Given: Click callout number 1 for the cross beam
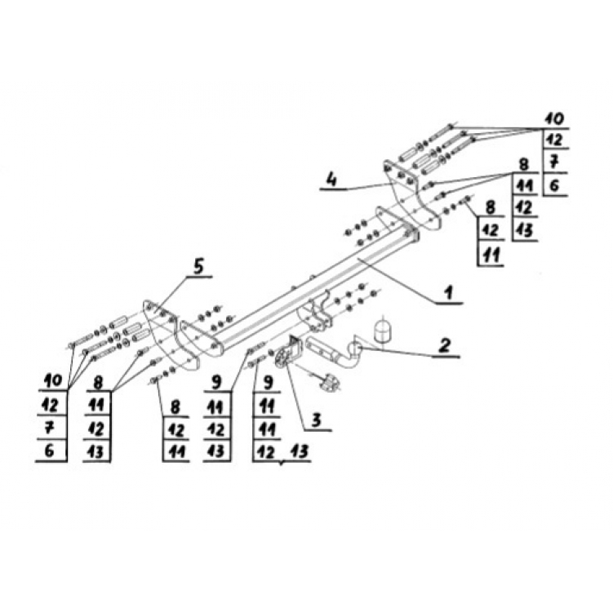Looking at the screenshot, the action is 448,292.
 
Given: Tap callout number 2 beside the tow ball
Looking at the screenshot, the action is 445,345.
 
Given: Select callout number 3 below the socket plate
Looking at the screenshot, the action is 316,420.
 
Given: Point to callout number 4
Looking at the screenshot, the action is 331,180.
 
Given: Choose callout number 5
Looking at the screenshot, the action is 198,267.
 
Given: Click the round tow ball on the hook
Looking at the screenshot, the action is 354,348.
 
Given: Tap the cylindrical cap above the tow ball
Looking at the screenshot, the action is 381,331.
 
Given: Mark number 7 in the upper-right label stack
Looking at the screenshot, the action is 554,161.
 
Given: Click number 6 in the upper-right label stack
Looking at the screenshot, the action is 554,185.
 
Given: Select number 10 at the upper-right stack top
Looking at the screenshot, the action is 556,118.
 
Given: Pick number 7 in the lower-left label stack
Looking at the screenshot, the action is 49,428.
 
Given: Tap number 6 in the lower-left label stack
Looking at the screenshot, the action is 49,451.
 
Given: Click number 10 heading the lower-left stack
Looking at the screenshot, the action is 53,380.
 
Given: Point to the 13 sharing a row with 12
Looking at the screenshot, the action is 298,451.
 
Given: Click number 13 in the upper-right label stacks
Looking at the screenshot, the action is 524,230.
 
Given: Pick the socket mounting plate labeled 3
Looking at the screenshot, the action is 288,352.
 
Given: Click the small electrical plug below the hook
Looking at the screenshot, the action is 329,383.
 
